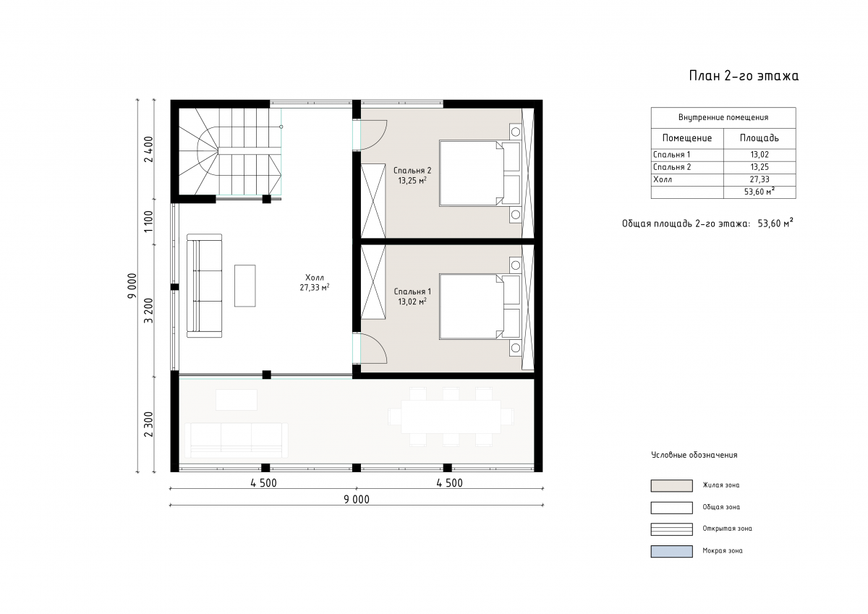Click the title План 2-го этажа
tap(744, 76)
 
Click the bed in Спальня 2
tap(480, 173)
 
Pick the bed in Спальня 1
tap(480, 307)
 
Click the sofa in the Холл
tap(205, 286)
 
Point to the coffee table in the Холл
tap(245, 286)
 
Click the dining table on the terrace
tap(451, 417)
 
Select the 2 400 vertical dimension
tap(149, 149)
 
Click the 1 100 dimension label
tap(149, 221)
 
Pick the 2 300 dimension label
tap(149, 424)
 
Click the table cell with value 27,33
tap(759, 179)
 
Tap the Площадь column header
tap(759, 138)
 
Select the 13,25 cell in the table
tap(759, 167)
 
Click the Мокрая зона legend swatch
tap(671, 551)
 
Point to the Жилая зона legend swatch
tap(671, 486)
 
